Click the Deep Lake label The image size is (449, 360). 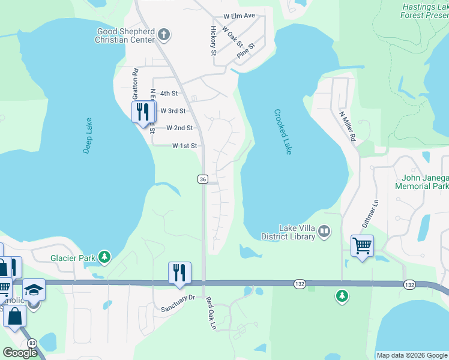pyautogui.click(x=87, y=136)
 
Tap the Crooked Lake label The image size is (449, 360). pyautogui.click(x=283, y=132)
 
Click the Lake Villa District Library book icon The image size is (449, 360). pyautogui.click(x=324, y=230)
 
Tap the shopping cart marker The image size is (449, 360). pyautogui.click(x=362, y=246)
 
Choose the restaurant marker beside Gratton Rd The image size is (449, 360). pyautogui.click(x=143, y=112)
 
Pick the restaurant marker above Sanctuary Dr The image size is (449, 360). pyautogui.click(x=179, y=272)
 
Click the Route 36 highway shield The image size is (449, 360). pyautogui.click(x=203, y=179)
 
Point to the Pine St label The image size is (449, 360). pyautogui.click(x=246, y=50)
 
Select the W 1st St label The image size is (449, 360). pyautogui.click(x=184, y=146)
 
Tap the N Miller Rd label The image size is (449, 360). pyautogui.click(x=347, y=126)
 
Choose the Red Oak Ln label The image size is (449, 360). pyautogui.click(x=210, y=314)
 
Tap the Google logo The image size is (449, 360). pyautogui.click(x=20, y=353)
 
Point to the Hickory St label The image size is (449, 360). pyautogui.click(x=213, y=41)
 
